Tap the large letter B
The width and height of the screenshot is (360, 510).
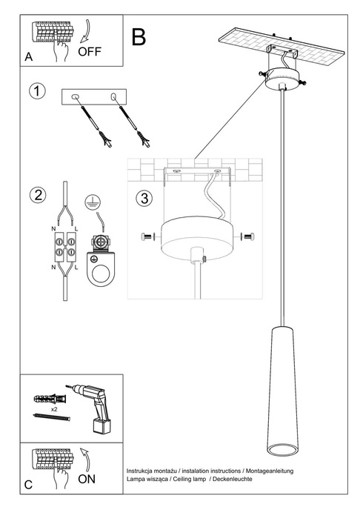coord(139,36)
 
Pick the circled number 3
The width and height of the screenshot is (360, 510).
coord(145,199)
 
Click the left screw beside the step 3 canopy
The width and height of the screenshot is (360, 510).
coord(146,236)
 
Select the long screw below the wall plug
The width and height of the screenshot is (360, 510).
coord(52,419)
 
